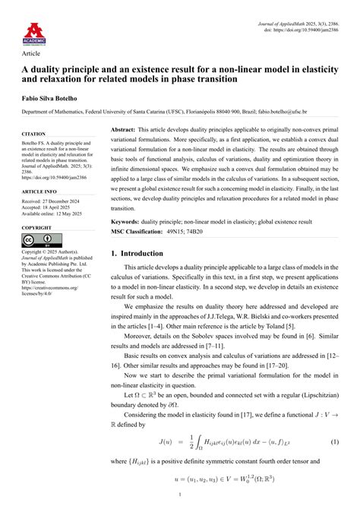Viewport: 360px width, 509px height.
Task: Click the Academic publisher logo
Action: [x=33, y=32]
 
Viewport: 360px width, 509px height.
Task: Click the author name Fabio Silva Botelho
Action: [x=52, y=97]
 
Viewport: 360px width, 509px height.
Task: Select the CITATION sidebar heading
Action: [x=34, y=134]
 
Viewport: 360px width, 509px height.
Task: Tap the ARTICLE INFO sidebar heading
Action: [x=39, y=192]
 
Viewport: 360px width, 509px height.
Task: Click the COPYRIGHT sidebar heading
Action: [x=36, y=228]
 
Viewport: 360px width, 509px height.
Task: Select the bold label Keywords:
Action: [x=127, y=221]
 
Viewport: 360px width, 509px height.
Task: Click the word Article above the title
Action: [x=31, y=54]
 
